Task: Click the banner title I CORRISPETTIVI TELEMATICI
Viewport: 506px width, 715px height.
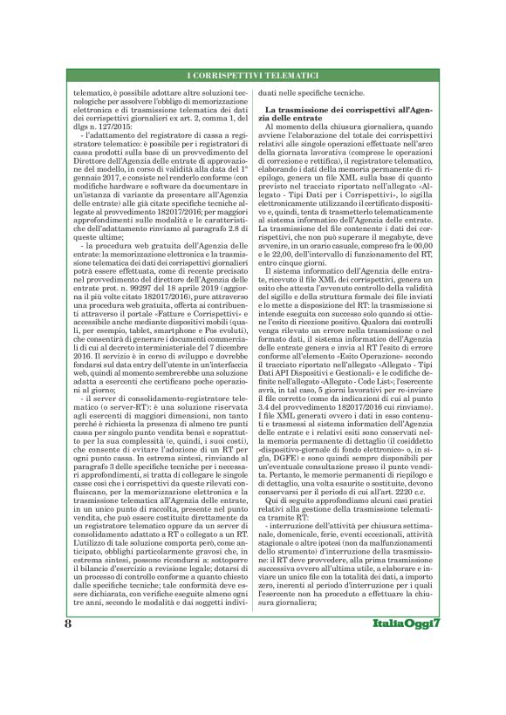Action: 253,78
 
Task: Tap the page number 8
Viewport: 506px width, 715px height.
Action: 66,673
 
